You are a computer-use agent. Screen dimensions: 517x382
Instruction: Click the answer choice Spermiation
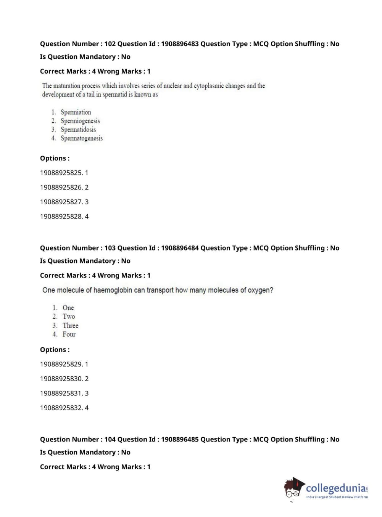76,112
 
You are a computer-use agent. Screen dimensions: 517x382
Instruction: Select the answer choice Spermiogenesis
80,121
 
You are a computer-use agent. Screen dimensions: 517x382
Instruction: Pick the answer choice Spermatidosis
78,130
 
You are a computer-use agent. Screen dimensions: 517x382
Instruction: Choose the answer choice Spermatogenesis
81,138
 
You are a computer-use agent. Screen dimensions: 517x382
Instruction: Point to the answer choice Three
70,325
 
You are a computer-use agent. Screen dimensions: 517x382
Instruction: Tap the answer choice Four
69,334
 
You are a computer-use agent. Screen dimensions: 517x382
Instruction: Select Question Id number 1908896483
180,44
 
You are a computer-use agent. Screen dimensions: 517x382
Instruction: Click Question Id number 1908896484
180,248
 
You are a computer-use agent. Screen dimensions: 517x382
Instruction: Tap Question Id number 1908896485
180,439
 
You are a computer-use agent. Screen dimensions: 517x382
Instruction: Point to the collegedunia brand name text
336,488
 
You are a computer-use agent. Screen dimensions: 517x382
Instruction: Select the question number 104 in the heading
110,439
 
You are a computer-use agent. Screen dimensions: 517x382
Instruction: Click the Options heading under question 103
55,350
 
